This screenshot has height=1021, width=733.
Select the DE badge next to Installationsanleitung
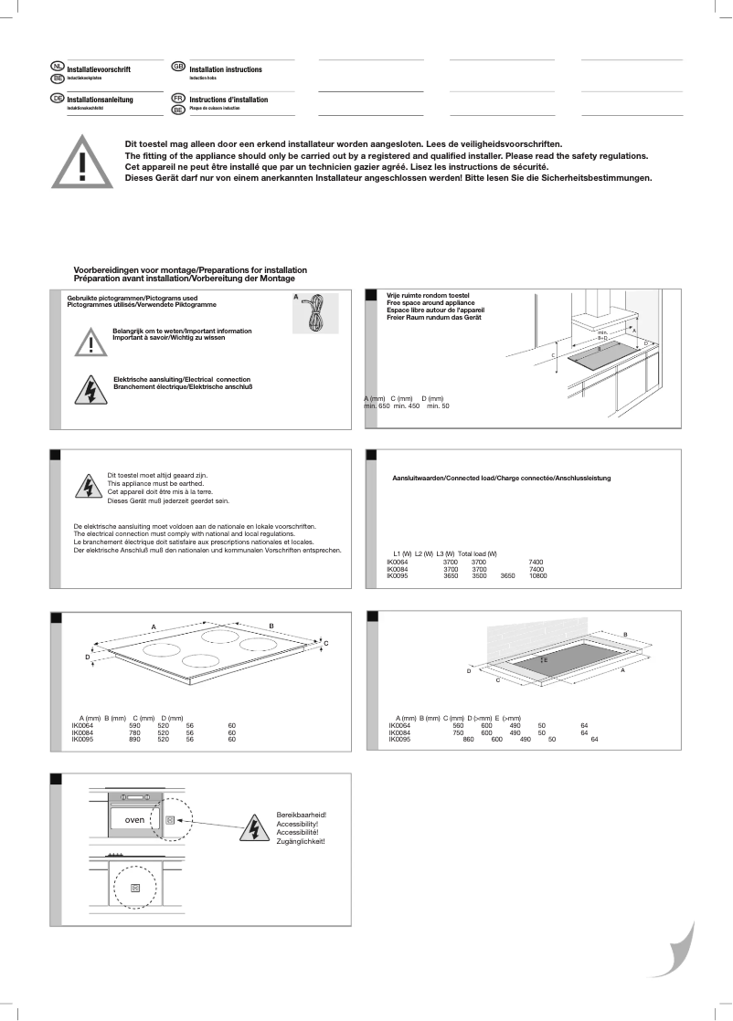click(x=57, y=98)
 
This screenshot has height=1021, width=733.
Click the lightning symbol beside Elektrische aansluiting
click(x=90, y=390)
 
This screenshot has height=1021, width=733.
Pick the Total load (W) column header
click(x=477, y=554)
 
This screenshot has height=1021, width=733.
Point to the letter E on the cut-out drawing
click(x=546, y=658)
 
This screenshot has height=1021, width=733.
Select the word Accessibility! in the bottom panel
click(x=297, y=824)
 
